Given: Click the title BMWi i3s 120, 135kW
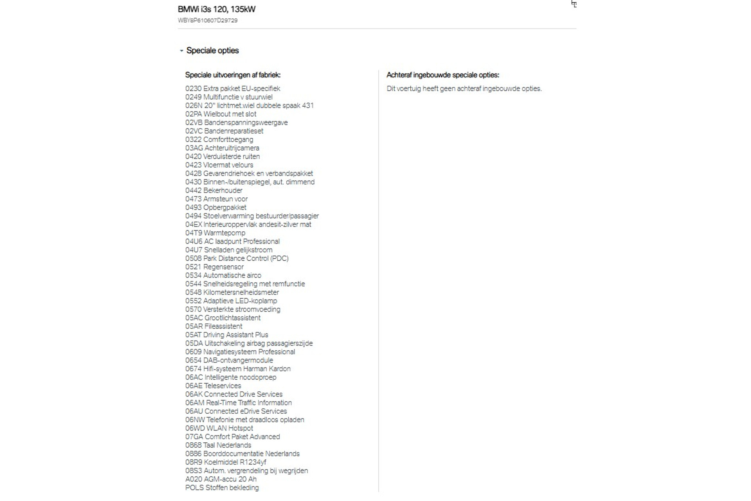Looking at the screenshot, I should [x=216, y=9].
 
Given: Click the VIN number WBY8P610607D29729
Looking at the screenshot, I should [x=207, y=20].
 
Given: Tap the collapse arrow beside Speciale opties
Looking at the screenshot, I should [x=181, y=50].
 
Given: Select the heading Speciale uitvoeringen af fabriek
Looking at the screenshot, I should [x=233, y=75].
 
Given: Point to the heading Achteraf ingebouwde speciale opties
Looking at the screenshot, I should [x=443, y=75].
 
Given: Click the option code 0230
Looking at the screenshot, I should [x=193, y=88].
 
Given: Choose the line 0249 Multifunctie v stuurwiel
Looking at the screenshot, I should [x=229, y=97].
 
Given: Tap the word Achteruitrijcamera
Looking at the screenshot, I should [x=232, y=148].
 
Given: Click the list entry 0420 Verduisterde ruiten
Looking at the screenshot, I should [x=222, y=157].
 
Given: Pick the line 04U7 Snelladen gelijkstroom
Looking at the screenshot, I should [x=229, y=250].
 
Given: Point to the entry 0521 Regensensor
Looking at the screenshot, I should [x=214, y=267].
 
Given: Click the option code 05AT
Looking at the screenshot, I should [x=193, y=335].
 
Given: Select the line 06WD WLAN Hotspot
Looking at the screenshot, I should [x=219, y=428].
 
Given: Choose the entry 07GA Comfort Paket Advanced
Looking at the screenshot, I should [x=232, y=437].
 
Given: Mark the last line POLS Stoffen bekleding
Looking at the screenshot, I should [x=222, y=488].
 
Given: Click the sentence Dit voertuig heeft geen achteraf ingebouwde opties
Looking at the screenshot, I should [x=464, y=88].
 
